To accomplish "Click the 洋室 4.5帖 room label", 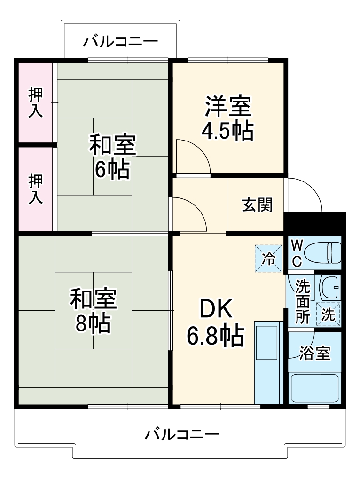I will (227, 118).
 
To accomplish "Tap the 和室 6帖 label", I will (112, 157).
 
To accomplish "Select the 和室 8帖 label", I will (94, 311).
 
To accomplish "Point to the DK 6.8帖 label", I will (216, 322).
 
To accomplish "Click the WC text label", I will (297, 252).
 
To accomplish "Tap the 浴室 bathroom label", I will (314, 353).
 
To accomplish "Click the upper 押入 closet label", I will (35, 102).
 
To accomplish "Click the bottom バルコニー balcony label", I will (181, 433).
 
